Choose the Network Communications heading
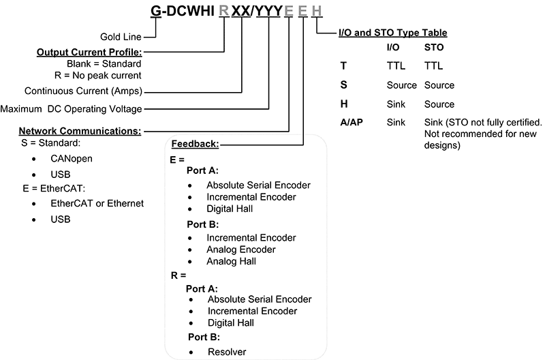(80, 130)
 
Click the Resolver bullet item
(227, 352)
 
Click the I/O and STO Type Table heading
(393, 33)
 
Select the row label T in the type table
(344, 67)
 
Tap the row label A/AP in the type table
(352, 123)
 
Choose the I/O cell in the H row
(396, 104)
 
